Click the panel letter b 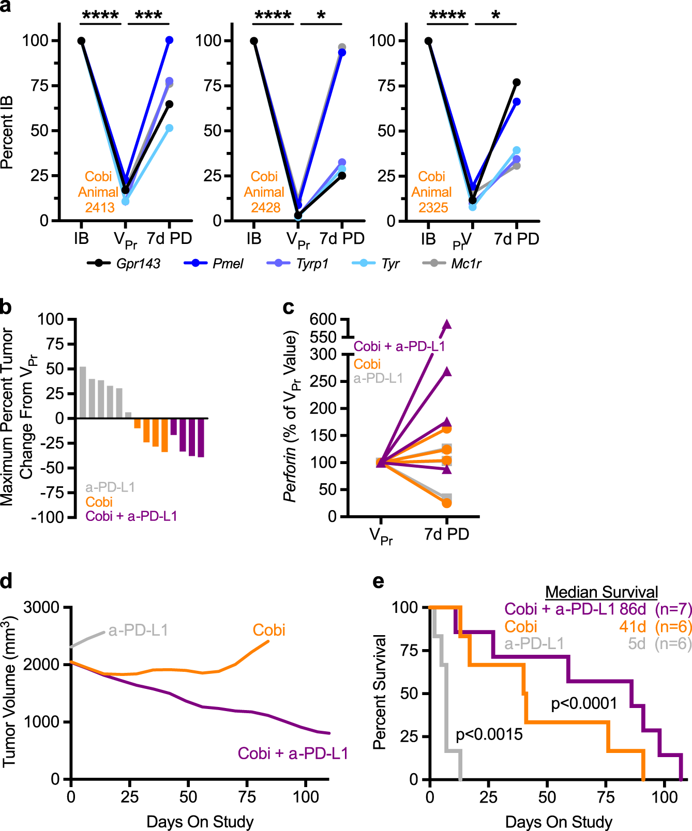click(x=6, y=307)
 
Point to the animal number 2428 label click(x=265, y=208)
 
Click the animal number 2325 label click(x=433, y=208)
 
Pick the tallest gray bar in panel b click(x=83, y=392)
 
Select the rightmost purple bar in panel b click(x=201, y=437)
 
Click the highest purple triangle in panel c click(x=446, y=325)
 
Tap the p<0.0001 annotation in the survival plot click(x=584, y=703)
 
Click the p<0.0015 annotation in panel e click(x=489, y=734)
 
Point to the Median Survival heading click(x=601, y=592)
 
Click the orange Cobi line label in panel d click(x=269, y=630)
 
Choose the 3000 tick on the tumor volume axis click(x=41, y=607)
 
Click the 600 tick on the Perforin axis click(x=323, y=319)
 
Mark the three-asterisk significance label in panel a click(x=148, y=16)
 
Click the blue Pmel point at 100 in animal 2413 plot click(x=169, y=40)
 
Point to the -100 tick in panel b click(x=48, y=517)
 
